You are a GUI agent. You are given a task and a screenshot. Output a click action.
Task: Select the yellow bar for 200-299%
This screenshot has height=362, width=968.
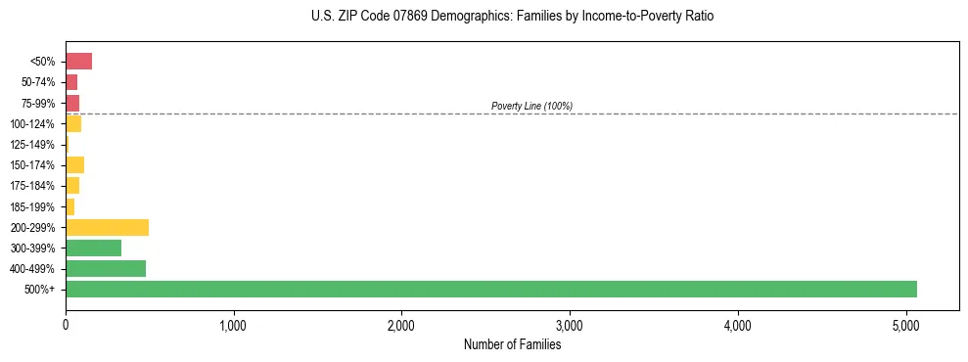[107, 227]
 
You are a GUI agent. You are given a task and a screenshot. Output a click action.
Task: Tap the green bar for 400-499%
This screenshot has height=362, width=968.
[106, 268]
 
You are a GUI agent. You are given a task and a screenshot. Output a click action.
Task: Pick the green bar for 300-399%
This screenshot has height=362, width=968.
[93, 248]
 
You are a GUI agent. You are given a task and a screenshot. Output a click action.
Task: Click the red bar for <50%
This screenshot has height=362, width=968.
[78, 62]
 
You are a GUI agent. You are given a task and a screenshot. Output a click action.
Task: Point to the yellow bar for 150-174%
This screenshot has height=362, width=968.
[74, 164]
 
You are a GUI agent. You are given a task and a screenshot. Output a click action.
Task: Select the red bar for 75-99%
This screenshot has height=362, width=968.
[72, 103]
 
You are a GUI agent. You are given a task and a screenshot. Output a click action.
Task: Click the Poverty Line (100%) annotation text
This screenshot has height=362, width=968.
[531, 106]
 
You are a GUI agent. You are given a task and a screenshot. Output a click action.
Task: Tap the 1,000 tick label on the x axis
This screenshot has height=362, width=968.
[233, 325]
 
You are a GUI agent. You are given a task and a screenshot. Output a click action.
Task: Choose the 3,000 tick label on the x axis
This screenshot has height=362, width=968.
[569, 325]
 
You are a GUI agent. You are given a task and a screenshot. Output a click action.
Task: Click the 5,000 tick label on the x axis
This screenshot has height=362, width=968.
[905, 325]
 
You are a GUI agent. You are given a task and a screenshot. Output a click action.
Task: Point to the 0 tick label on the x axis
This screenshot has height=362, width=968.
[66, 325]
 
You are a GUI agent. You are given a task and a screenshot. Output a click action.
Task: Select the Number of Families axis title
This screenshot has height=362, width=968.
[512, 344]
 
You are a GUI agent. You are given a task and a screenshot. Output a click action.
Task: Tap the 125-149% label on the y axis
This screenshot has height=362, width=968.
[32, 145]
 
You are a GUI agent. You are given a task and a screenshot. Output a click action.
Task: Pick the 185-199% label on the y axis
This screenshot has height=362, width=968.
[32, 206]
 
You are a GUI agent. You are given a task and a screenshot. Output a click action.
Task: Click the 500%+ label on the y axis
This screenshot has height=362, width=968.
[39, 290]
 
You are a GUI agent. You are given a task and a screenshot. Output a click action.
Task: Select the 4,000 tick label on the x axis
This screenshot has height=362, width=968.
[737, 325]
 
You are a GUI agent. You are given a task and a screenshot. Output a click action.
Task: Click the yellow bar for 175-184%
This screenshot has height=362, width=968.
[72, 186]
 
